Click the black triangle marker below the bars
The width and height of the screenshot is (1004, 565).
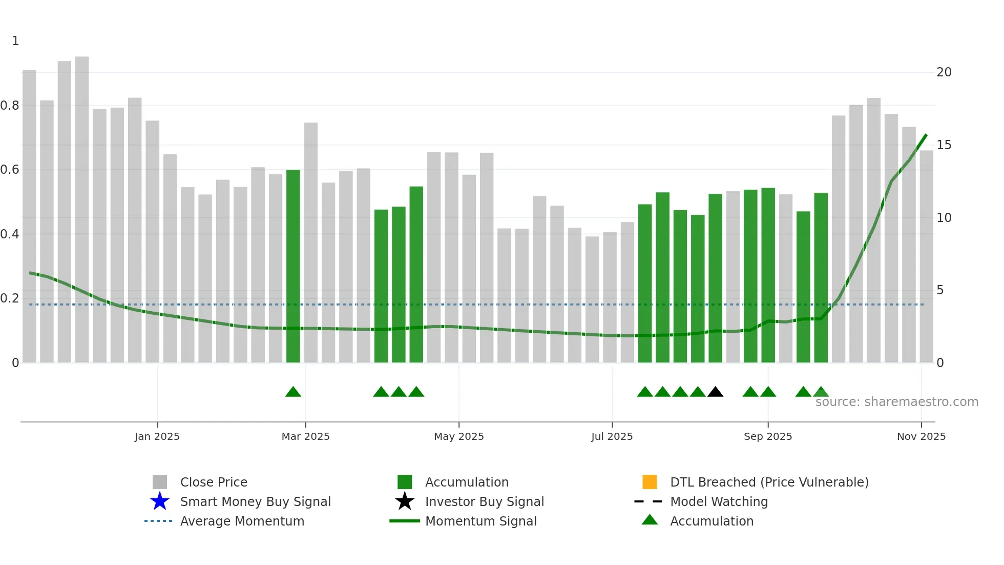pyautogui.click(x=715, y=392)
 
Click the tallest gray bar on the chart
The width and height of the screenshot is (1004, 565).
pyautogui.click(x=82, y=205)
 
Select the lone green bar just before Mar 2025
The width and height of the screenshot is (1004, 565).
pyautogui.click(x=293, y=267)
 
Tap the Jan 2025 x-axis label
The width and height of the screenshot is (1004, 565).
pyautogui.click(x=157, y=436)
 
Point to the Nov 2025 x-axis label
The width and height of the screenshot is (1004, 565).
pyautogui.click(x=921, y=436)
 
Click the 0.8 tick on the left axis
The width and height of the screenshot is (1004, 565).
pyautogui.click(x=10, y=106)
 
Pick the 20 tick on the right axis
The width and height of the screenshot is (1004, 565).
pyautogui.click(x=944, y=72)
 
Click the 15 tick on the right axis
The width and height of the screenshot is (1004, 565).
pyautogui.click(x=944, y=145)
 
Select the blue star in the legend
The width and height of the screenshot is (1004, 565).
pyautogui.click(x=160, y=501)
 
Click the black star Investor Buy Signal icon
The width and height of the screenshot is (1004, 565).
pyautogui.click(x=405, y=501)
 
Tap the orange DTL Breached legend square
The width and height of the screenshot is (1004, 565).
pyautogui.click(x=650, y=482)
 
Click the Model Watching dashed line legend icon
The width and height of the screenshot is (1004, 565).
pyautogui.click(x=649, y=501)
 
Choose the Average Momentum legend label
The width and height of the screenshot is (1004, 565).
pyautogui.click(x=242, y=521)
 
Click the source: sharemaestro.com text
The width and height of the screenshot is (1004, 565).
pyautogui.click(x=896, y=402)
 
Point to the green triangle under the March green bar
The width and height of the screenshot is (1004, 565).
pyautogui.click(x=293, y=392)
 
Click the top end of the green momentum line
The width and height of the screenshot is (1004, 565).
pyautogui.click(x=926, y=135)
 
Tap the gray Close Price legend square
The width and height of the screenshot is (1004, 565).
pyautogui.click(x=160, y=482)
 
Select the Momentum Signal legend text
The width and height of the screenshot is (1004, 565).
pyautogui.click(x=480, y=521)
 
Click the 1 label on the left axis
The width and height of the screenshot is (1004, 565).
pyautogui.click(x=15, y=41)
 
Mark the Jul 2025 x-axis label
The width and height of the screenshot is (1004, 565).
pyautogui.click(x=612, y=436)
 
